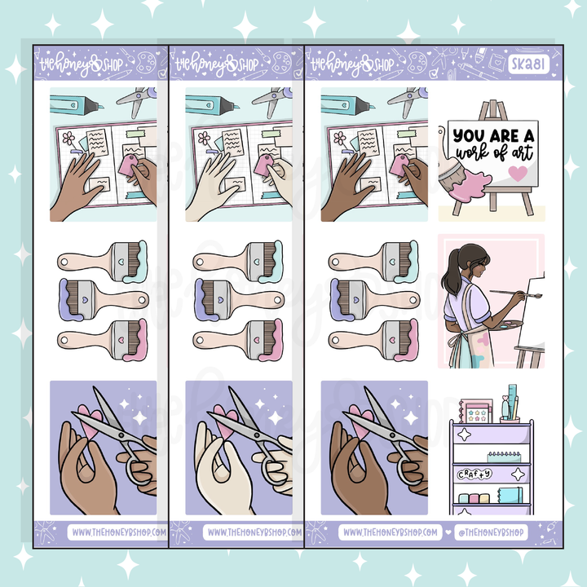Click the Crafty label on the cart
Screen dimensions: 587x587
point(485,473)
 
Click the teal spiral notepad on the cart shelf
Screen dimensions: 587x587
point(493,450)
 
